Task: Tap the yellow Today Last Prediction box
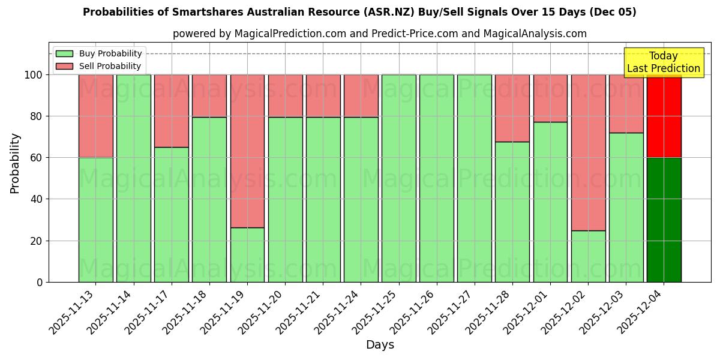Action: click(x=663, y=62)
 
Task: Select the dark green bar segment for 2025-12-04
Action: click(x=664, y=220)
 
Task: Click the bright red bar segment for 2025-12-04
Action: click(x=664, y=116)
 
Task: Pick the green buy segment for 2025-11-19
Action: click(x=247, y=254)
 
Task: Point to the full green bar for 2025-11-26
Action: click(x=437, y=178)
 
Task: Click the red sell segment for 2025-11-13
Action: click(x=96, y=116)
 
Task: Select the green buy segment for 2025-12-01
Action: click(x=550, y=202)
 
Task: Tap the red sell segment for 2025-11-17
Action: click(x=172, y=111)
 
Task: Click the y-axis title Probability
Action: click(x=15, y=163)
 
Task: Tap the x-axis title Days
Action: click(x=380, y=345)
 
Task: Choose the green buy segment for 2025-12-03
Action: click(x=626, y=207)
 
